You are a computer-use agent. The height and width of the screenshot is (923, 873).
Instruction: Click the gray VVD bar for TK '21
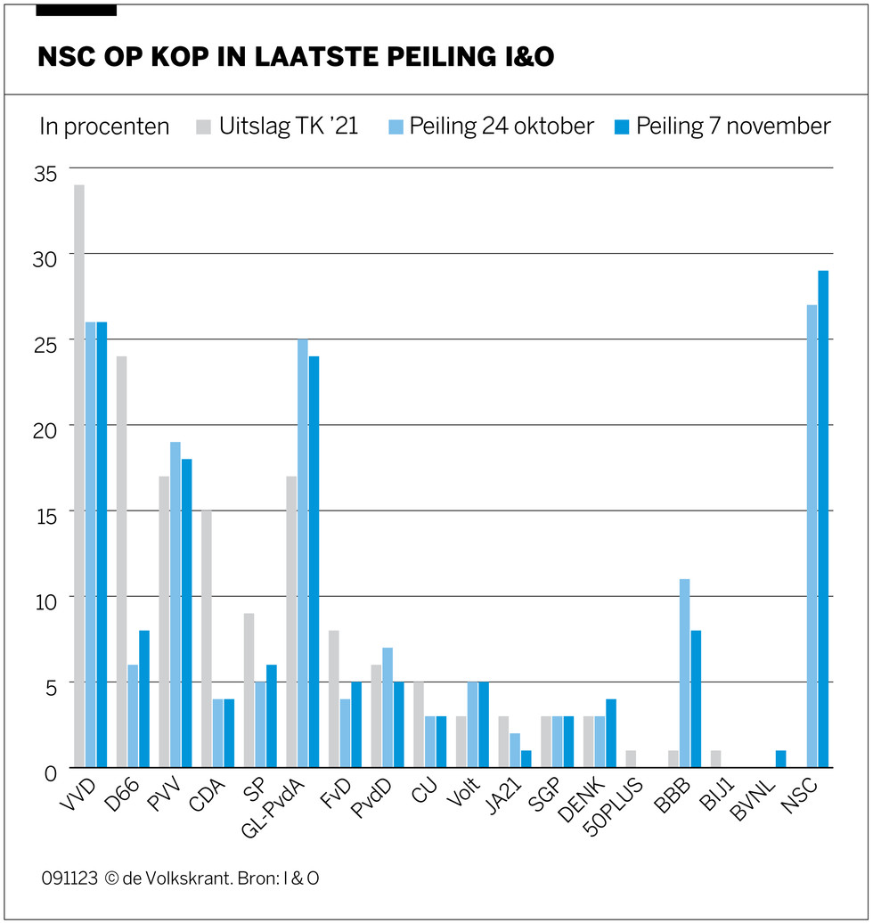coord(79,476)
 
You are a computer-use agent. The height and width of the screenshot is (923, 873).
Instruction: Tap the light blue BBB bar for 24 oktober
coord(684,673)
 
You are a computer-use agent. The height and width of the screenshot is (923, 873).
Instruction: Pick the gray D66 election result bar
coord(122,561)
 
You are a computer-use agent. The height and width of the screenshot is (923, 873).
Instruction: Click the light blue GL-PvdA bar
coord(303,552)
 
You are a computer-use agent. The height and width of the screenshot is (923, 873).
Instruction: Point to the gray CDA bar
coord(207,638)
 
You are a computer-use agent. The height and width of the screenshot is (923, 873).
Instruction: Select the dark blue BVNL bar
coord(780,758)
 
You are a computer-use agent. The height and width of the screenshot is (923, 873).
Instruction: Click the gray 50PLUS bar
coord(631,758)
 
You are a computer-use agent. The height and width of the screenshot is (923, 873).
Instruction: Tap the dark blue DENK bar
coord(611,732)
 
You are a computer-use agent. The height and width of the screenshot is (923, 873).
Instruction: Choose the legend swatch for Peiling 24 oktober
coord(396,127)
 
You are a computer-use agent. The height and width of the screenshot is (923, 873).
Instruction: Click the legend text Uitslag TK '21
coord(289,127)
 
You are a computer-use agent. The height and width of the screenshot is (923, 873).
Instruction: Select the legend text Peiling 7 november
coord(733,127)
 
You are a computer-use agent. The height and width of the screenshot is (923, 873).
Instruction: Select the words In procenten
coord(104,127)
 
